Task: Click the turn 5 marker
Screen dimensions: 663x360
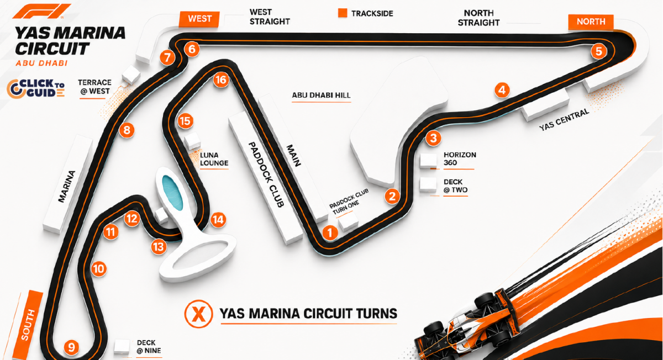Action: [598, 51]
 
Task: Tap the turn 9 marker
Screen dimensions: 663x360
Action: [71, 347]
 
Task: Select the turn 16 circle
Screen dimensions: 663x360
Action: [221, 80]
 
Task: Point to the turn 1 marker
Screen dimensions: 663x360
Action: [330, 232]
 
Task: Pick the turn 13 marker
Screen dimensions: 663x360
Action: [159, 246]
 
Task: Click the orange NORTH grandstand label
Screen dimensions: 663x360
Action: [591, 22]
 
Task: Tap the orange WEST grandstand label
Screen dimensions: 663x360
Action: [199, 19]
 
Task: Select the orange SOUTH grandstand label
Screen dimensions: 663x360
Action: [28, 325]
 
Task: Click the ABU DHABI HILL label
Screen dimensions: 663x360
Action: [321, 96]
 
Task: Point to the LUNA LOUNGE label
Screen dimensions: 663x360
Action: [214, 159]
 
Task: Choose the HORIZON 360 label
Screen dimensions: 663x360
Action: [460, 158]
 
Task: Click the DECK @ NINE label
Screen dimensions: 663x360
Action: [149, 347]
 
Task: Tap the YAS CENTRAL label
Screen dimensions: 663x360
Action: [564, 120]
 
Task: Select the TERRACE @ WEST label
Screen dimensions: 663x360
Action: [94, 87]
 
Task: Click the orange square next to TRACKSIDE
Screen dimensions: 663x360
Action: [343, 13]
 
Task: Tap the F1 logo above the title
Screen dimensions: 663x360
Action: [41, 11]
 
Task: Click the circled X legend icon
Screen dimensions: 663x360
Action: [198, 314]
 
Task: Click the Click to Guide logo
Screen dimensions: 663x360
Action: [36, 88]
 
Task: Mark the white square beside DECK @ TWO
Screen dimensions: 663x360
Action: [428, 184]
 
